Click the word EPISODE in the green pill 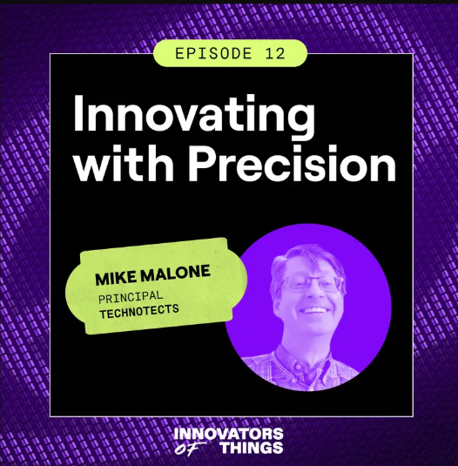213,53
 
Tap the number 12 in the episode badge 275,53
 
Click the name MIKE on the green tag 116,278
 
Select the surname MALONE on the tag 175,273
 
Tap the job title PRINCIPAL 131,297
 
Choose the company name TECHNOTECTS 139,312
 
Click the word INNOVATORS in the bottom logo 228,434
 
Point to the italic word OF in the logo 190,449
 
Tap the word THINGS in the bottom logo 252,448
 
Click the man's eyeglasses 312,283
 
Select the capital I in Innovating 77,113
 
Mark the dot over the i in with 127,150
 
